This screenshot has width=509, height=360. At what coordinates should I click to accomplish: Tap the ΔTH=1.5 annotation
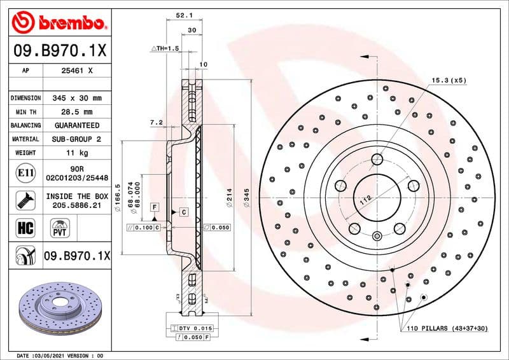tap(165, 48)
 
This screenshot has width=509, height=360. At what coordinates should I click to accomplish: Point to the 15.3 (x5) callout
tap(449, 80)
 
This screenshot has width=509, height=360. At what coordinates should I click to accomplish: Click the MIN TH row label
tap(25, 112)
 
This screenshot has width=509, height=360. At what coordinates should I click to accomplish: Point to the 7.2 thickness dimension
tap(156, 121)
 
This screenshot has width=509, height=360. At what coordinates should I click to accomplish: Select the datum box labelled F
tap(154, 207)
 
